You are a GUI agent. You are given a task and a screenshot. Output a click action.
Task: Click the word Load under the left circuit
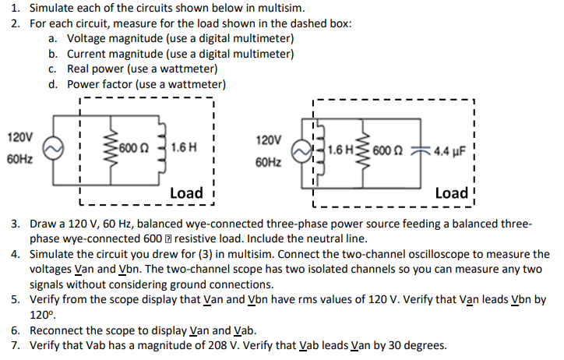pos(186,192)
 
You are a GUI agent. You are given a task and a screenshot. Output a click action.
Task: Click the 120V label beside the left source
pos(19,137)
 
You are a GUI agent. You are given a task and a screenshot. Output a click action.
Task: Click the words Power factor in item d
pos(100,84)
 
